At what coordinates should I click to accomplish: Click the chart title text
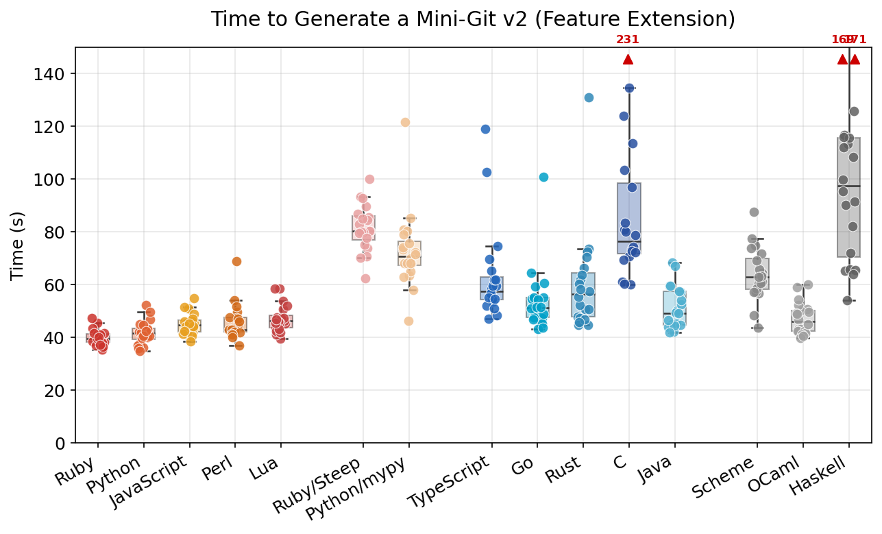click(473, 19)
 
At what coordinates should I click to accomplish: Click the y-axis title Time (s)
click(19, 245)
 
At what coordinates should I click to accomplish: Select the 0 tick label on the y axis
click(60, 444)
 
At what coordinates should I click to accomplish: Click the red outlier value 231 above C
click(628, 40)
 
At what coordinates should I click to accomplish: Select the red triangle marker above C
click(628, 60)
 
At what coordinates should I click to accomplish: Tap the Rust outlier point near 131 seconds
click(589, 97)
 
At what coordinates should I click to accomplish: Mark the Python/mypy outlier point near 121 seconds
click(405, 122)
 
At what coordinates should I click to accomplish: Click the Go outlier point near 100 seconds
click(543, 177)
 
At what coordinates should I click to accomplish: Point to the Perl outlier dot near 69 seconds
click(236, 261)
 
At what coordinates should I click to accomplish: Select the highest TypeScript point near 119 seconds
click(485, 129)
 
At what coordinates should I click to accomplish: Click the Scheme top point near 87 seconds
click(754, 212)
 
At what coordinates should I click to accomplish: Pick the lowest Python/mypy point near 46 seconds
click(408, 321)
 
